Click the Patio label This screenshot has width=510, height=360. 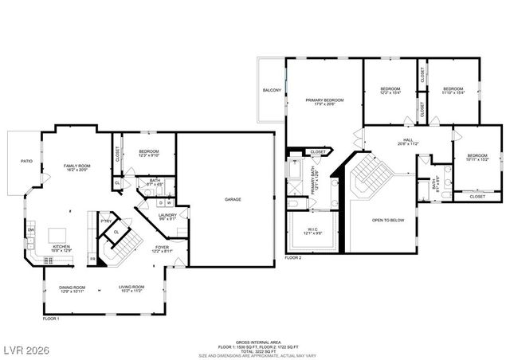coord(26,162)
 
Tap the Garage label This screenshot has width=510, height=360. coord(233,199)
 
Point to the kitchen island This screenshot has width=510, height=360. coord(59,235)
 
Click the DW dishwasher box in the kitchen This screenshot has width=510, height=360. coord(31,231)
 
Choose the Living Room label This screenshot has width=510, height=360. coord(131,289)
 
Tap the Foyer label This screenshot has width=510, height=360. coord(162,248)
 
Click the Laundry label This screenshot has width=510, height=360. coord(167,217)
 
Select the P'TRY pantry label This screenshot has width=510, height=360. coord(104,221)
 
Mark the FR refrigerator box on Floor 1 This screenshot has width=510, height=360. coord(92,259)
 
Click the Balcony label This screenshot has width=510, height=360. coord(272,91)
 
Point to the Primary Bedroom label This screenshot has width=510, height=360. coord(324,102)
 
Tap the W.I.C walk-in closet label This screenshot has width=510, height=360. coord(312,231)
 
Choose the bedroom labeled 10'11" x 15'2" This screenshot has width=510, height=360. coord(477,157)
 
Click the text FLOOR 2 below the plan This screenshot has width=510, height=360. coord(293,258)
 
